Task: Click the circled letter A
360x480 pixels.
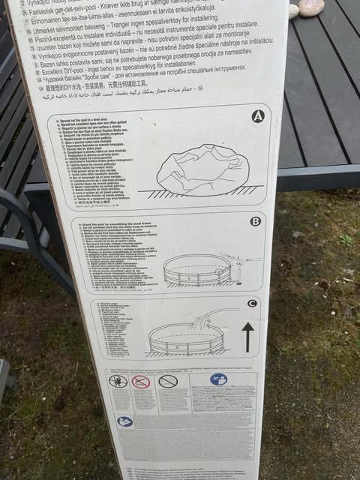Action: [x=257, y=116]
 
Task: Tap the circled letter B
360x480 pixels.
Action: [x=255, y=221]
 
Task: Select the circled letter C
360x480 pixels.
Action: [x=252, y=303]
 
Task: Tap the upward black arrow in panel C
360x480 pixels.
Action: [x=247, y=337]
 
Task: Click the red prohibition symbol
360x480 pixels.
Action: [x=141, y=382]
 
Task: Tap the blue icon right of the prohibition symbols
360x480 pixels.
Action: [x=218, y=379]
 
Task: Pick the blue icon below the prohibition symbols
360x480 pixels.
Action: [x=124, y=421]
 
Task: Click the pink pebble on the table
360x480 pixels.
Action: [x=310, y=7]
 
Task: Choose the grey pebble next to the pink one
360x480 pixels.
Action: [x=293, y=11]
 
